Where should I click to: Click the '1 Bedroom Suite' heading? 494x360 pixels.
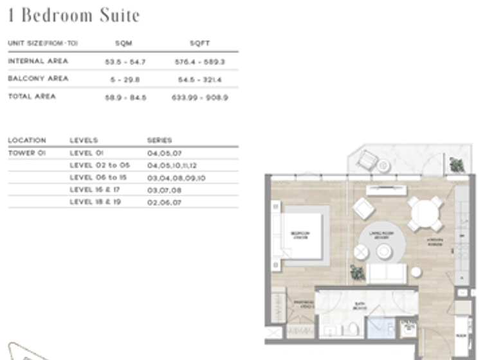pyautogui.click(x=74, y=15)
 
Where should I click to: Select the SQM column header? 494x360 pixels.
pyautogui.click(x=123, y=43)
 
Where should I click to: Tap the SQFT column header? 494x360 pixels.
pyautogui.click(x=199, y=43)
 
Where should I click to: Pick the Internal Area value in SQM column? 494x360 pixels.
pyautogui.click(x=125, y=62)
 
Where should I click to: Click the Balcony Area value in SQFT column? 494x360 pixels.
pyautogui.click(x=199, y=80)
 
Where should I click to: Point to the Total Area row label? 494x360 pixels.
pyautogui.click(x=32, y=96)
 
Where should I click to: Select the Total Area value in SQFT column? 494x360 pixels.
pyautogui.click(x=199, y=98)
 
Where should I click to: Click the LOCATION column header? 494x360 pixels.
pyautogui.click(x=27, y=140)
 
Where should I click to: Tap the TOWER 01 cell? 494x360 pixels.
pyautogui.click(x=27, y=153)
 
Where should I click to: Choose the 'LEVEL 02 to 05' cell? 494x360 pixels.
pyautogui.click(x=100, y=165)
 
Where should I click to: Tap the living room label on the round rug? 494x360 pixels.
pyautogui.click(x=381, y=235)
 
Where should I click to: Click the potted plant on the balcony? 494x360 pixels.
pyautogui.click(x=457, y=165)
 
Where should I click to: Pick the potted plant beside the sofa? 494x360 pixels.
pyautogui.click(x=358, y=273)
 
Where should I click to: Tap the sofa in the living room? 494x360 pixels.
pyautogui.click(x=386, y=273)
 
